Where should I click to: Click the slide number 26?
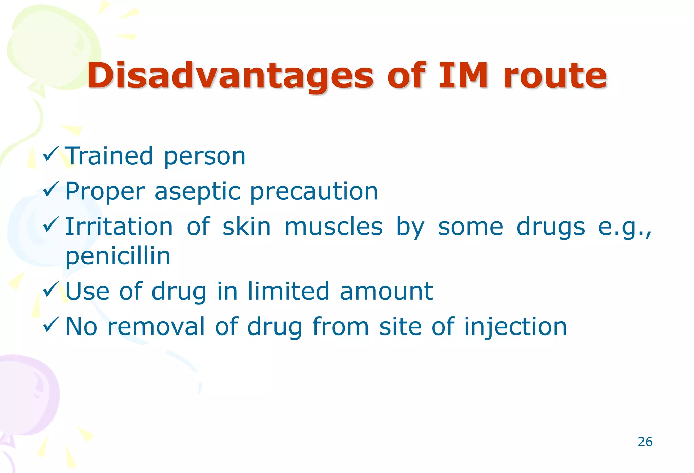point(645,442)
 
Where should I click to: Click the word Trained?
point(109,156)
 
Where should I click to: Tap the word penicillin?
point(118,256)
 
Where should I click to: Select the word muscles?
point(333,227)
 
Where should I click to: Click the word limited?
point(288,291)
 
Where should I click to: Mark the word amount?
point(386,292)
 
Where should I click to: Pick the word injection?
point(515,327)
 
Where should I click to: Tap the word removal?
point(156,326)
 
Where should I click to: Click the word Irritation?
point(119,227)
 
